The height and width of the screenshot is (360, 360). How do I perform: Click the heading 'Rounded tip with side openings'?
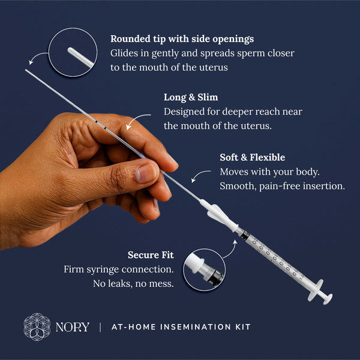pos(182,39)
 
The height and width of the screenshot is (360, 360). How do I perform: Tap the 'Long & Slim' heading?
pos(190,97)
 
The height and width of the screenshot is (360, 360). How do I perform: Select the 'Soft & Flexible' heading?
pos(252,158)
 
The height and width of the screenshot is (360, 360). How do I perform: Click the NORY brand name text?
pos(72,327)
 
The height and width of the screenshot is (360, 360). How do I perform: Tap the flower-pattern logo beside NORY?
pos(37,327)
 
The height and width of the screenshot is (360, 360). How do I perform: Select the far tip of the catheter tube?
pos(27,71)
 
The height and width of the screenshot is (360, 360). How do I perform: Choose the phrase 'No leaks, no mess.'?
pos(133,283)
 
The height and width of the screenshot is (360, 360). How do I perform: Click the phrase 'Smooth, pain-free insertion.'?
pos(282,186)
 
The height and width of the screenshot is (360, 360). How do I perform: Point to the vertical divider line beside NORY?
pos(100,327)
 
